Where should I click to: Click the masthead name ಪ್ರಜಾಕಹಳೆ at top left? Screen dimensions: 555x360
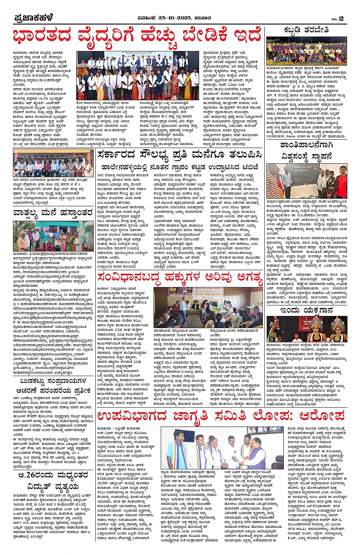tap(33, 18)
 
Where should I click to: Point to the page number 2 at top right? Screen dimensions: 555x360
tap(341, 18)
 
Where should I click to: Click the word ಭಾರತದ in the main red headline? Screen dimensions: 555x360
tap(42, 37)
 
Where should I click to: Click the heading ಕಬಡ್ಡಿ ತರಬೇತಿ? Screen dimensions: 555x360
tap(306, 30)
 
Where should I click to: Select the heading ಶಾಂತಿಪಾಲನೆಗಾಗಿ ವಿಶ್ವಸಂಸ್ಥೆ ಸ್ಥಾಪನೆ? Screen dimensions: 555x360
tap(307, 151)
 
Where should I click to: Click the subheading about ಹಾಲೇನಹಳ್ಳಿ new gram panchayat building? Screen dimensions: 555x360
tap(180, 167)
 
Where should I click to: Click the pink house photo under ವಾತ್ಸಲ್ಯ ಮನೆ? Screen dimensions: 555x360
tap(53, 236)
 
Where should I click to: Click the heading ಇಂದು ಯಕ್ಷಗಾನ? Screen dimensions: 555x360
tap(307, 310)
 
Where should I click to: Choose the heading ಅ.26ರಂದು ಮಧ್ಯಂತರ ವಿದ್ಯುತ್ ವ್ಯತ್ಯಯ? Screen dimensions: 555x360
tap(53, 480)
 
